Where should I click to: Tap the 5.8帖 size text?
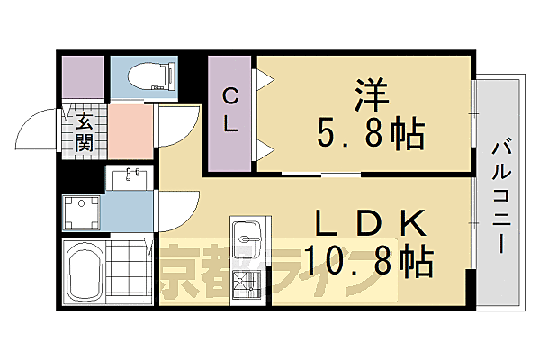[x=371, y=135]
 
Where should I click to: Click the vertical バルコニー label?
[x=499, y=193]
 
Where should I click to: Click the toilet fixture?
[x=144, y=76]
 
